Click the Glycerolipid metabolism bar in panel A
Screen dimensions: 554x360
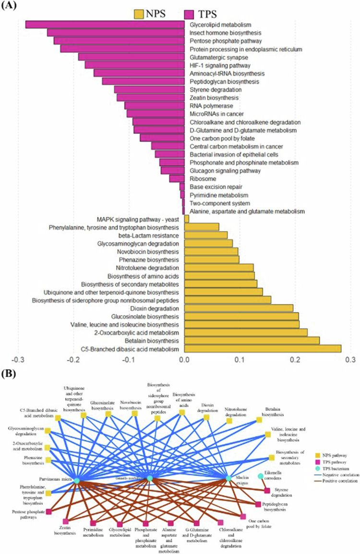pyautogui.click(x=105, y=24)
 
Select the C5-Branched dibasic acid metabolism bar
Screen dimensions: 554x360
pyautogui.click(x=263, y=349)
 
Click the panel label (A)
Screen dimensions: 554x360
pyautogui.click(x=12, y=7)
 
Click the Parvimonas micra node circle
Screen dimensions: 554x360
pyautogui.click(x=76, y=480)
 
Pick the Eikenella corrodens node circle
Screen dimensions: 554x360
pyautogui.click(x=260, y=476)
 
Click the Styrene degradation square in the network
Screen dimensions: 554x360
pyautogui.click(x=267, y=490)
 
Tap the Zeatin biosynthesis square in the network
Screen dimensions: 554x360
pyautogui.click(x=66, y=521)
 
